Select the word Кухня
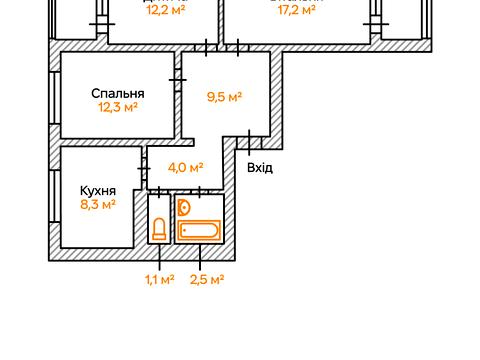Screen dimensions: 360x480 pos(98,190)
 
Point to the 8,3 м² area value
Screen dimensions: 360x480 pos(98,204)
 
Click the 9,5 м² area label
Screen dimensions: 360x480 pos(225,97)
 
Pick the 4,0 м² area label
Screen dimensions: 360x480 pos(186,168)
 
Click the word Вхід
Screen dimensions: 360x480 pos(260,167)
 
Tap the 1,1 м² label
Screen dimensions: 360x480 pos(160,279)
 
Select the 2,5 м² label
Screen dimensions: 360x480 pos(206,279)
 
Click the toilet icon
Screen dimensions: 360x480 pos(159,230)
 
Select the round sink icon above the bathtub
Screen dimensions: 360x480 pos(184,208)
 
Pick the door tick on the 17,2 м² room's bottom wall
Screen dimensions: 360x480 pos(239,45)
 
